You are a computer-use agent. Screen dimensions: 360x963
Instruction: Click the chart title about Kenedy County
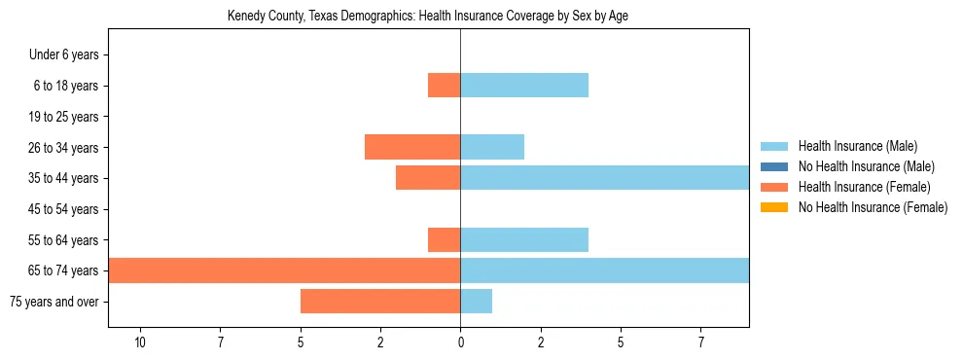(x=428, y=17)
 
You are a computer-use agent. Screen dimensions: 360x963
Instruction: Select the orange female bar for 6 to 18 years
(x=444, y=86)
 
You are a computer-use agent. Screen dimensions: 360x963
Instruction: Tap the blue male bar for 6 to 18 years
(x=523, y=86)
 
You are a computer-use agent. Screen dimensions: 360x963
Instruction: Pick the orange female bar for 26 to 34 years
(x=411, y=147)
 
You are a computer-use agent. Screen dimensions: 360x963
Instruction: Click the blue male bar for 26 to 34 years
(x=491, y=147)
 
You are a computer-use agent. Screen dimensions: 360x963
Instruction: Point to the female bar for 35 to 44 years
(x=427, y=178)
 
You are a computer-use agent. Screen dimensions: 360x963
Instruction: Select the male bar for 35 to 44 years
(x=603, y=178)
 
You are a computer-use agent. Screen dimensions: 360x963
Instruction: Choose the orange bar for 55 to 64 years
(x=444, y=239)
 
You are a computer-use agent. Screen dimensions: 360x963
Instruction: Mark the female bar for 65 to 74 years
(x=284, y=270)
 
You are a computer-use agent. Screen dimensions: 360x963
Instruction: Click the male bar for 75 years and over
(x=476, y=302)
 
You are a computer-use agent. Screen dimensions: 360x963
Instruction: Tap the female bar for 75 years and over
(x=379, y=302)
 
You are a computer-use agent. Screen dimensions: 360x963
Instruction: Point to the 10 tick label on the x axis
(x=140, y=342)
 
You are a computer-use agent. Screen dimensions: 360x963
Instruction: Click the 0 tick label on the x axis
(x=460, y=342)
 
